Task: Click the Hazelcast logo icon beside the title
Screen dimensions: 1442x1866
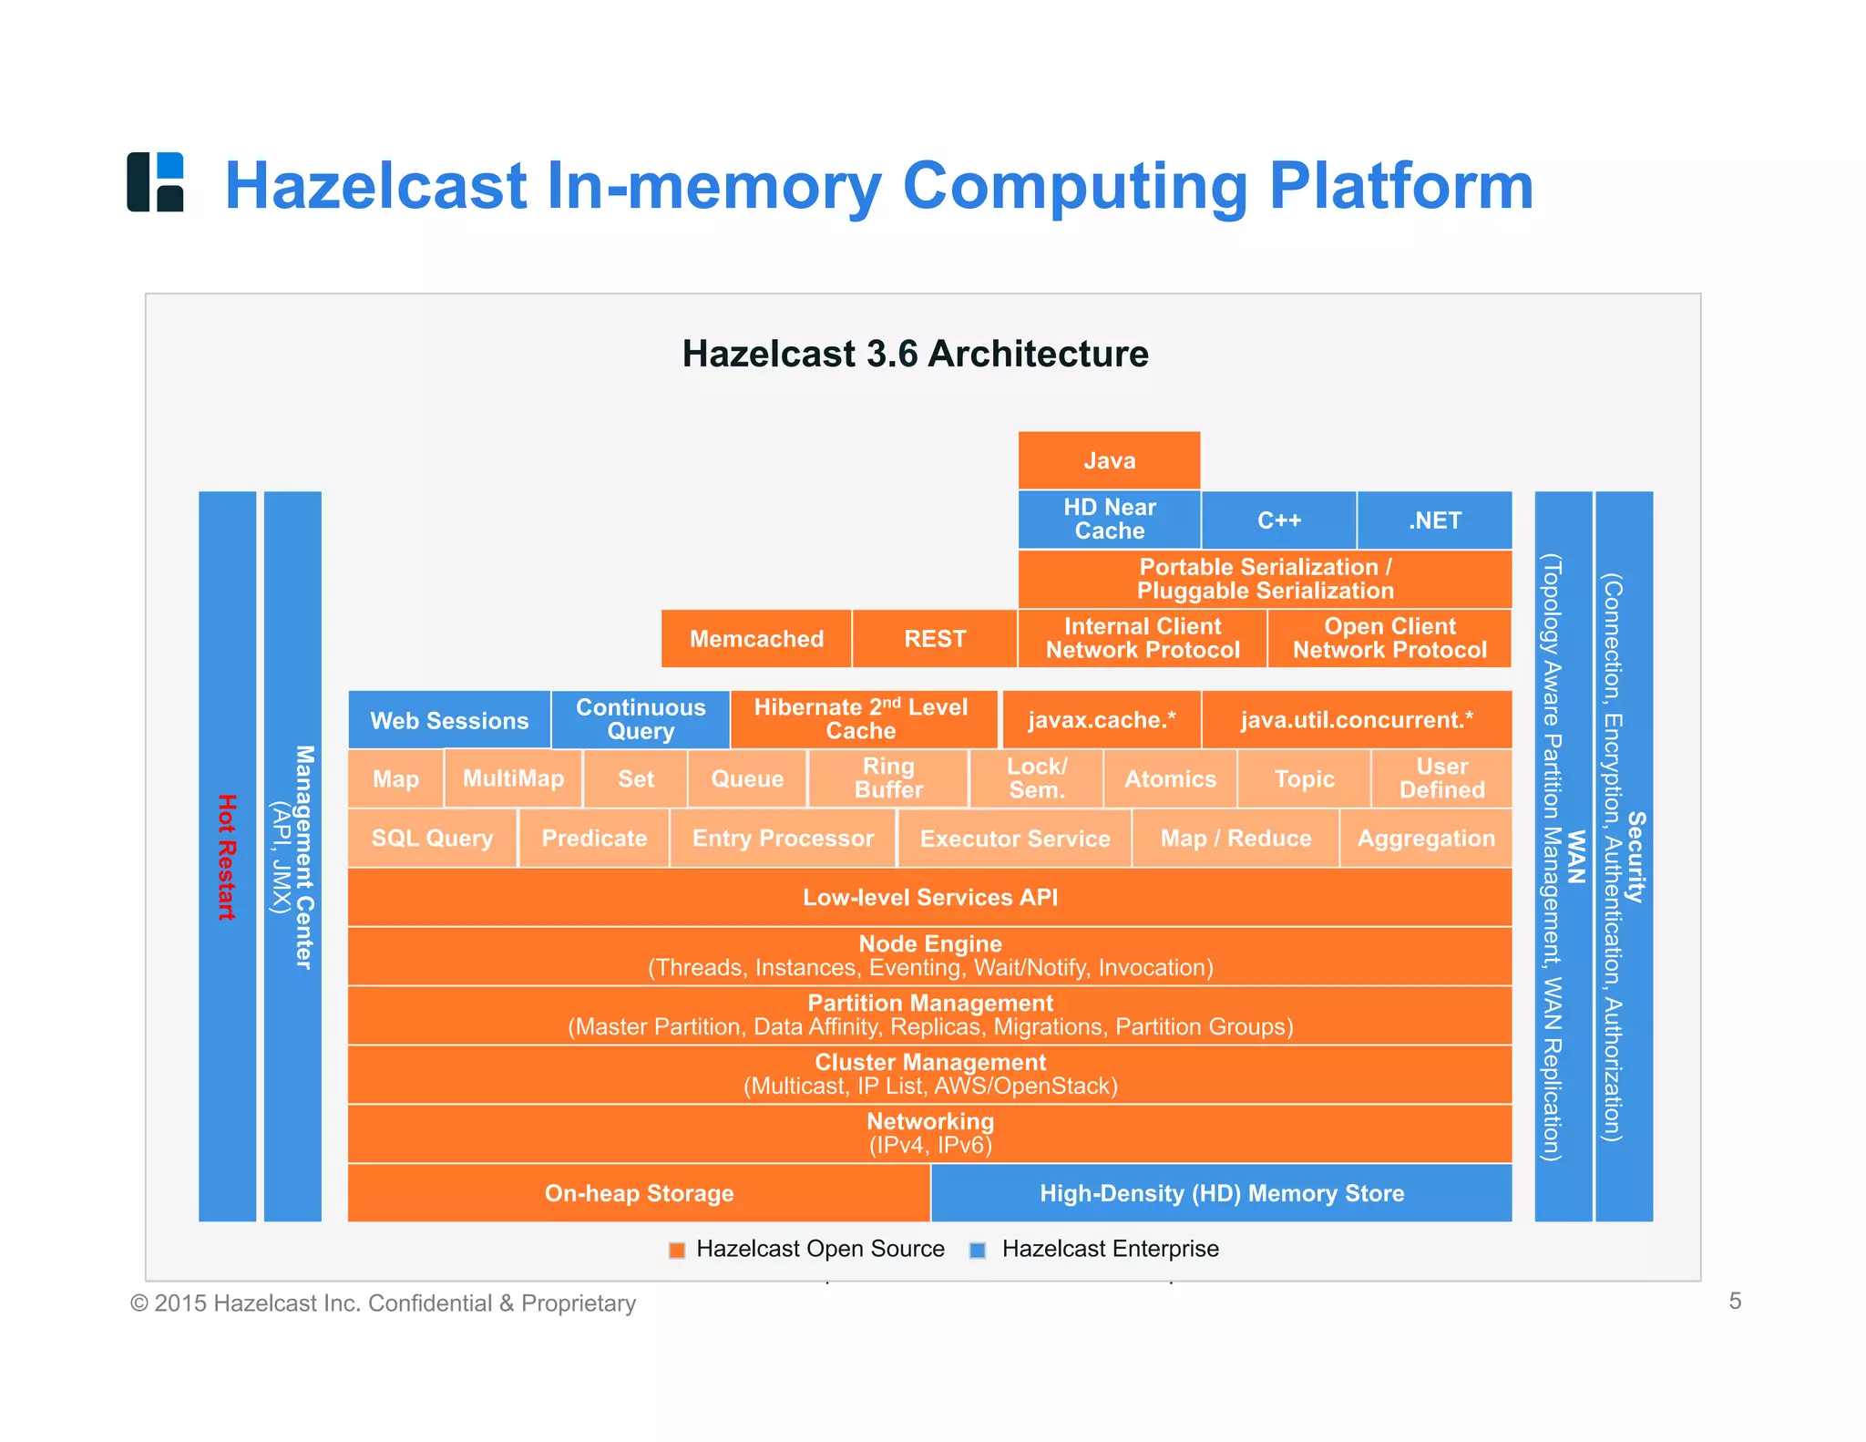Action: click(x=155, y=182)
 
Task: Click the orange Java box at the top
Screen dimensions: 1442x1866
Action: click(x=1109, y=460)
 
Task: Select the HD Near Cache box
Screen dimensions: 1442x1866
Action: click(x=1109, y=520)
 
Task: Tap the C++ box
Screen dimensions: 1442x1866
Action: click(x=1278, y=520)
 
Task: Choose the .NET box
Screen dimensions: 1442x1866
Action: click(x=1434, y=520)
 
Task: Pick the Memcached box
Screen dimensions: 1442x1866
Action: click(x=756, y=638)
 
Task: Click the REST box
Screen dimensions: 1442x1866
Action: click(x=935, y=638)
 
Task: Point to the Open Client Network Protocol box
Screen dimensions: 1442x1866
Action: click(x=1389, y=638)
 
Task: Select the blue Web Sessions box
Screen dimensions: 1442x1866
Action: click(x=449, y=720)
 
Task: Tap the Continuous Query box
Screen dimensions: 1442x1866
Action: click(x=641, y=719)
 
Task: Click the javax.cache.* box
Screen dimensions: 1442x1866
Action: click(x=1102, y=720)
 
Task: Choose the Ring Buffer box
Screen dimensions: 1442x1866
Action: click(x=888, y=778)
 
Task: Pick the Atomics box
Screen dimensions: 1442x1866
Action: click(x=1170, y=778)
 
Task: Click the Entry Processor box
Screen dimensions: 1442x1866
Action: click(x=783, y=838)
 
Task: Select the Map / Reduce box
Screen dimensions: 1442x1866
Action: click(x=1235, y=838)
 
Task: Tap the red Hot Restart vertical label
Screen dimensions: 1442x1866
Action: click(x=227, y=857)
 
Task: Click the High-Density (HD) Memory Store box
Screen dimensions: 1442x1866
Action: click(x=1222, y=1193)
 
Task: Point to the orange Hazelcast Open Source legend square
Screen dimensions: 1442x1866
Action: click(x=677, y=1250)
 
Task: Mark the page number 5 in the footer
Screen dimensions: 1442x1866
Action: click(x=1735, y=1301)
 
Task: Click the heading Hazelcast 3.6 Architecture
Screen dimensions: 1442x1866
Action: click(x=915, y=354)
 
